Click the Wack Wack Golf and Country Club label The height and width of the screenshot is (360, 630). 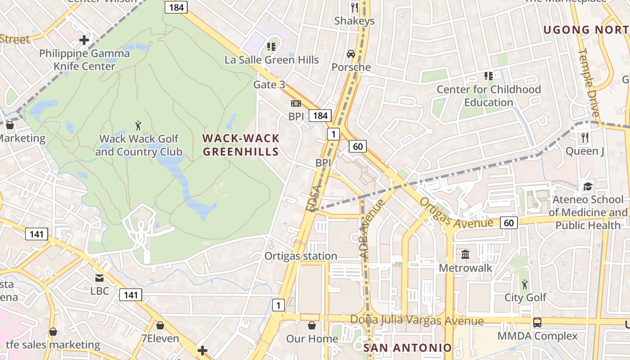tap(139, 145)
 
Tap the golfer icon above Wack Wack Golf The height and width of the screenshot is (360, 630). tap(138, 125)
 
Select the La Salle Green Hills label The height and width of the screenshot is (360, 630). tap(272, 60)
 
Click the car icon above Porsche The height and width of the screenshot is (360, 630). tap(351, 54)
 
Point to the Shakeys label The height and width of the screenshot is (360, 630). tap(355, 21)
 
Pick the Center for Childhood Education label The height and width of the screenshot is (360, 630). tap(489, 96)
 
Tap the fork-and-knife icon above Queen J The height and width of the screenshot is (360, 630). tap(585, 137)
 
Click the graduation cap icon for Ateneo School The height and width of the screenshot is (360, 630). tap(587, 186)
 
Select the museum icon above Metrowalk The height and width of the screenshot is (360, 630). tap(465, 255)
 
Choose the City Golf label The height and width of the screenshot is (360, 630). tap(525, 297)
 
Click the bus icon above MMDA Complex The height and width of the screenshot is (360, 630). tap(537, 323)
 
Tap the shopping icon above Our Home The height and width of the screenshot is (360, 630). tap(312, 325)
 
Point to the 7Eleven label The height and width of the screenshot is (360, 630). tap(160, 338)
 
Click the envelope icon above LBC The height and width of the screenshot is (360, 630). tap(99, 278)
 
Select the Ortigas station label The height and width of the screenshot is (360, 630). tap(301, 256)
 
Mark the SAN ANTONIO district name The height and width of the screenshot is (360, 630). tap(407, 347)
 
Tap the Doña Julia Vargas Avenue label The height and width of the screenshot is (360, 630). tap(417, 321)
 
